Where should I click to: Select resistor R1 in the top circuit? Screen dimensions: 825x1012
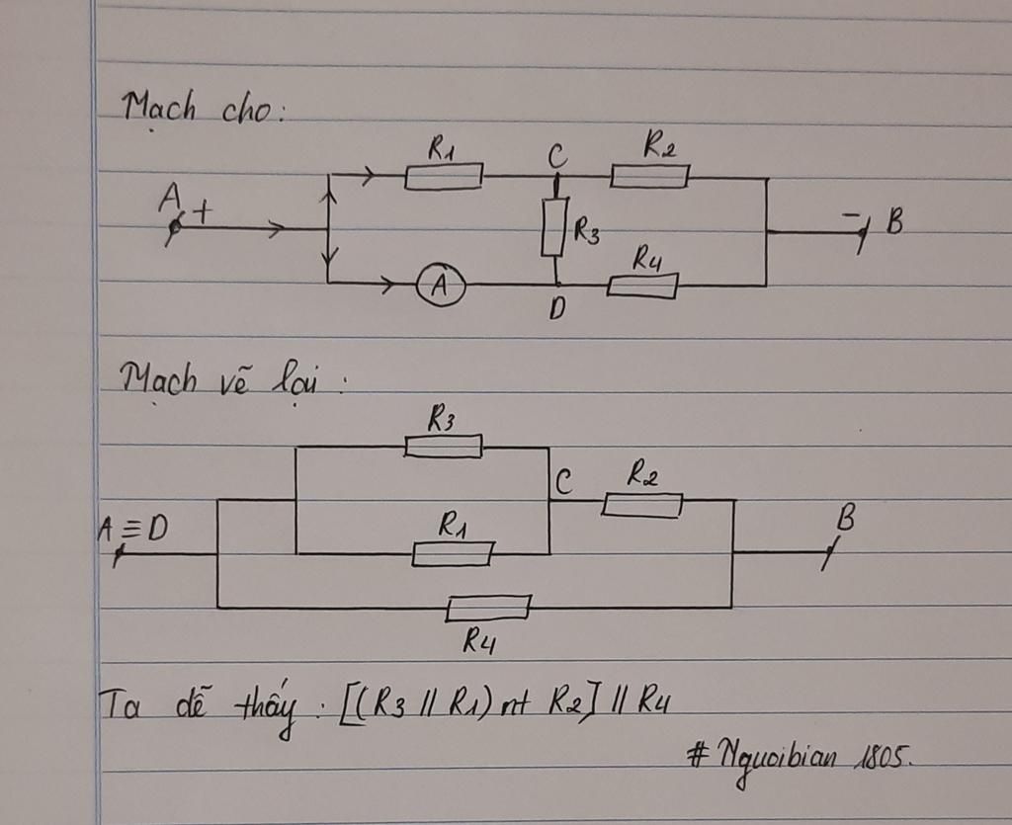[444, 177]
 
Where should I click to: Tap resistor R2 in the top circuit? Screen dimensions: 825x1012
[649, 177]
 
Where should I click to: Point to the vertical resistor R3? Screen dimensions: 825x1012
[555, 228]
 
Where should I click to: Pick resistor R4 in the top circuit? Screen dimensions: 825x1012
[642, 287]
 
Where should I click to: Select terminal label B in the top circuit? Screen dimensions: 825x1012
[894, 223]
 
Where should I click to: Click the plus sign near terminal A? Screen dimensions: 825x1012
[204, 210]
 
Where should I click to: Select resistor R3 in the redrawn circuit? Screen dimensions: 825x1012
[444, 447]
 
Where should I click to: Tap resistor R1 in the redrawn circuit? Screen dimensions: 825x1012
[453, 554]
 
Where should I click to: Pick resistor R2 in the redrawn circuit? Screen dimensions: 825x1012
[642, 505]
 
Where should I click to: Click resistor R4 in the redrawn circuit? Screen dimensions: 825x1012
[488, 608]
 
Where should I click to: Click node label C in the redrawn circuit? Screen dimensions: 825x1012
[562, 483]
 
